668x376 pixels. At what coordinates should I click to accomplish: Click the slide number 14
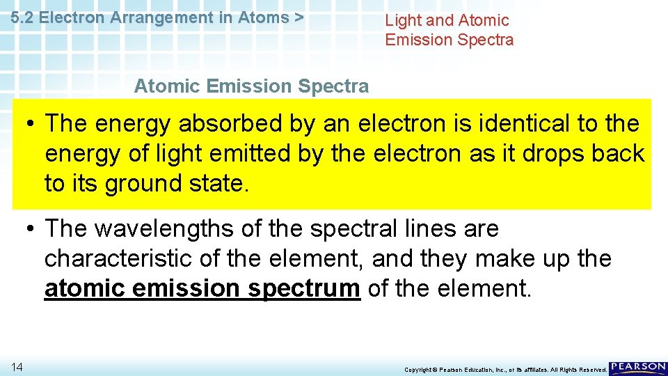(x=16, y=366)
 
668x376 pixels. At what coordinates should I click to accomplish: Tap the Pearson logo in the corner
(x=638, y=368)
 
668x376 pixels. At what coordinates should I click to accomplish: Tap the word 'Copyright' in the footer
(x=419, y=370)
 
